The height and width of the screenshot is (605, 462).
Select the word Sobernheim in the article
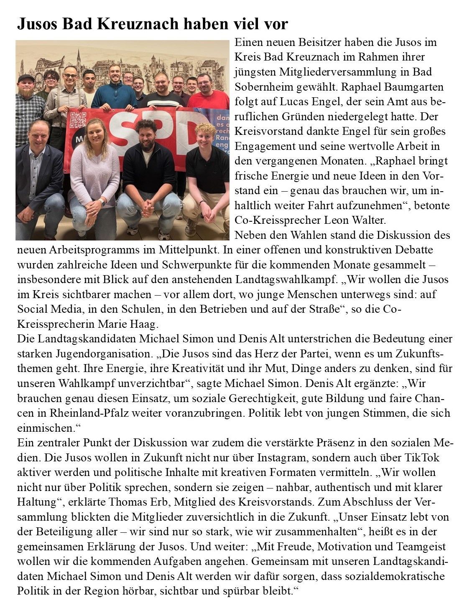pyautogui.click(x=263, y=87)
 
